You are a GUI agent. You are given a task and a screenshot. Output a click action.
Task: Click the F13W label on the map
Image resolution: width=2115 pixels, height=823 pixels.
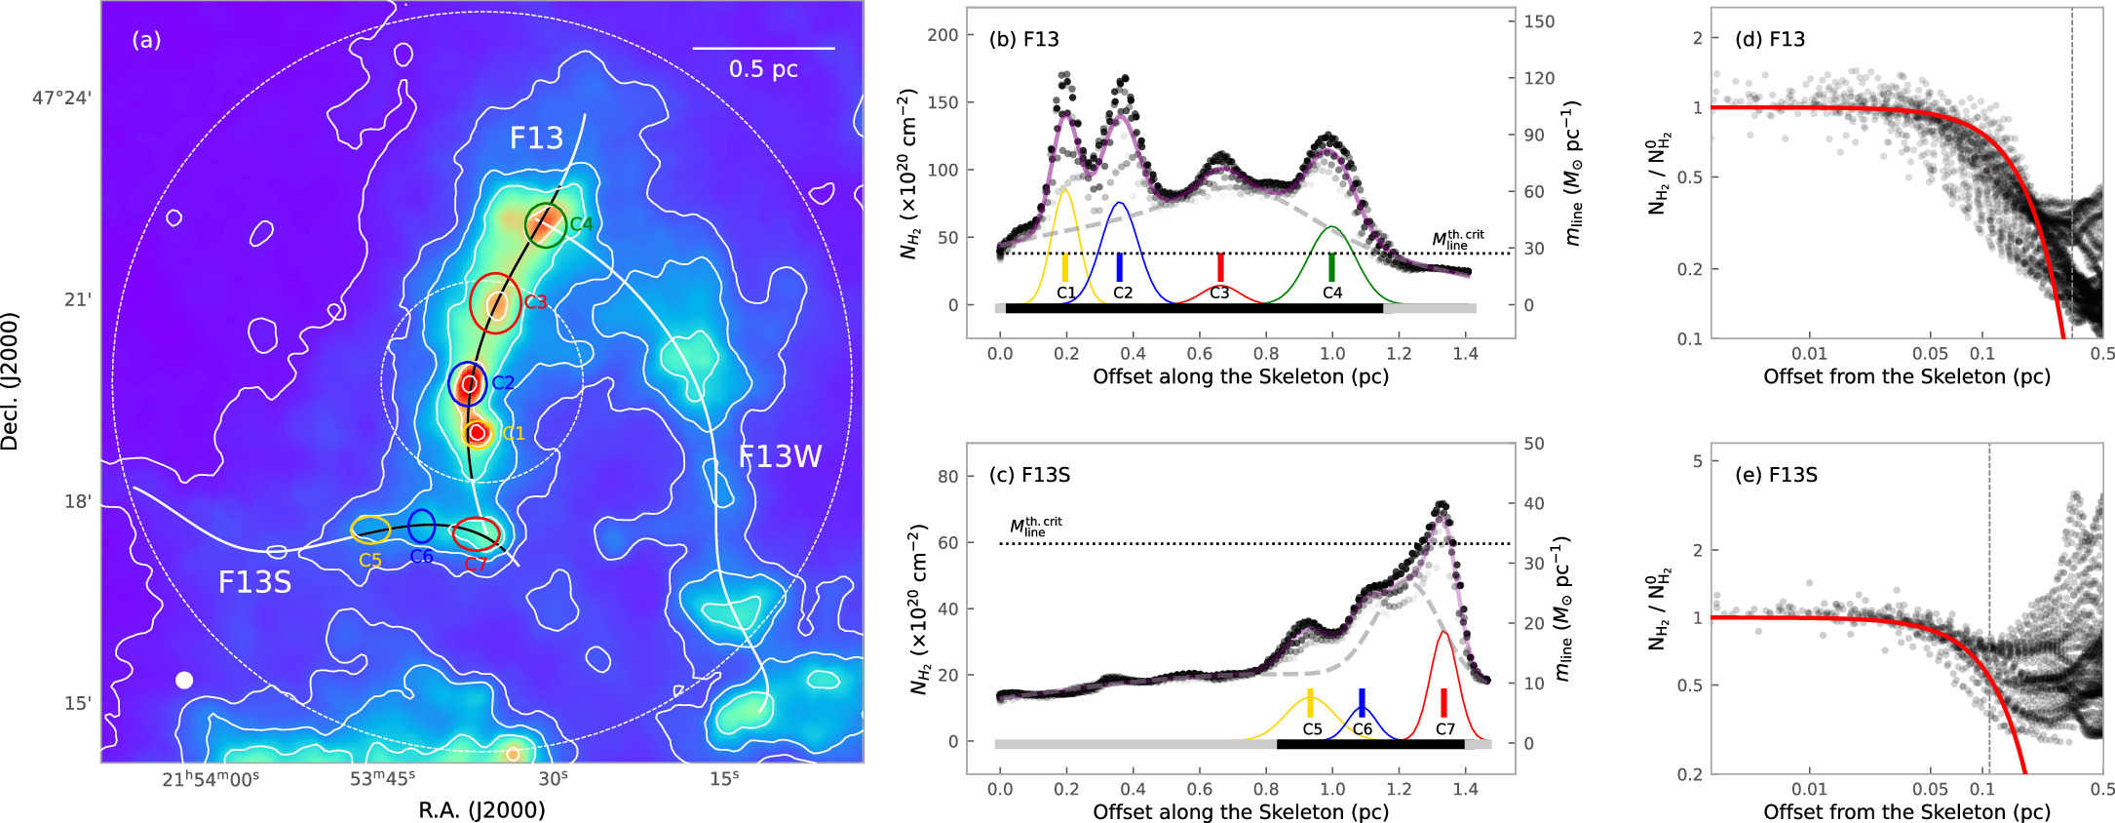pyautogui.click(x=780, y=456)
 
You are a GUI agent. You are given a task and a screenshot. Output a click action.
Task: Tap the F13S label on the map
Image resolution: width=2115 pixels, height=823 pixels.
pyautogui.click(x=254, y=582)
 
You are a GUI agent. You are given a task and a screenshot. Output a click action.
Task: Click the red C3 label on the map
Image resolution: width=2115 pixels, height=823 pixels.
pyautogui.click(x=535, y=302)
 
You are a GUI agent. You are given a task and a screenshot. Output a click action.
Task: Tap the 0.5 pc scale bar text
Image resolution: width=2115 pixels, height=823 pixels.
pyautogui.click(x=763, y=69)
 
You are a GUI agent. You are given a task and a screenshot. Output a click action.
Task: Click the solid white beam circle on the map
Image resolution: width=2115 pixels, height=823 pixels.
pyautogui.click(x=184, y=680)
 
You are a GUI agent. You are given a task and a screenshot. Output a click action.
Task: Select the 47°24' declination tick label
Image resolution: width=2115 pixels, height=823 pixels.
pyautogui.click(x=61, y=98)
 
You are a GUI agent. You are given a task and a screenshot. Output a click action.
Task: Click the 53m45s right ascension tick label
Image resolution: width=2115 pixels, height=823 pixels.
pyautogui.click(x=382, y=778)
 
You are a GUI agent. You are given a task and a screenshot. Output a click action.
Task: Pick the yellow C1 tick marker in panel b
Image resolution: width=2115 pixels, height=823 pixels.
pyautogui.click(x=1065, y=268)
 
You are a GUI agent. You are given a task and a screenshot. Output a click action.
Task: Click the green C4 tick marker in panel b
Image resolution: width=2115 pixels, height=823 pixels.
pyautogui.click(x=1331, y=268)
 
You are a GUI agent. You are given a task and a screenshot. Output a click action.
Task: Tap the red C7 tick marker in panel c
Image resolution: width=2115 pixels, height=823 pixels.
pyautogui.click(x=1443, y=703)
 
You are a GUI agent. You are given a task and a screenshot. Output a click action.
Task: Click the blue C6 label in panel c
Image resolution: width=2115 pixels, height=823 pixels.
pyautogui.click(x=1362, y=729)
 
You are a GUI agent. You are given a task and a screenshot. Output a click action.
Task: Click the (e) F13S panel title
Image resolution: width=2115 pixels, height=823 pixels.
pyautogui.click(x=1776, y=475)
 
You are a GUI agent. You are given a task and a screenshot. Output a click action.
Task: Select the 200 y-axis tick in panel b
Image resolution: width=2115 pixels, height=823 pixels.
pyautogui.click(x=942, y=35)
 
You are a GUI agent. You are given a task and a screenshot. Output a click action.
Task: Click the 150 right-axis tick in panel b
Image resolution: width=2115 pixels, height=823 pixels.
pyautogui.click(x=1539, y=21)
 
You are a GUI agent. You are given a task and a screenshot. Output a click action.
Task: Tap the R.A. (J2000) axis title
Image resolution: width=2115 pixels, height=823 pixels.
pyautogui.click(x=481, y=810)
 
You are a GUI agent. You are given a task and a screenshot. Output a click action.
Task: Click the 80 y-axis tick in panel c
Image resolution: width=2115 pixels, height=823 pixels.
pyautogui.click(x=948, y=477)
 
